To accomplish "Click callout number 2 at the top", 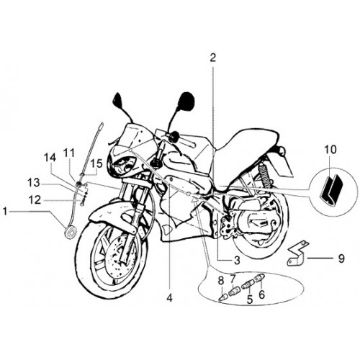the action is [212, 58].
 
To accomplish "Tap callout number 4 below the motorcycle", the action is [169, 298].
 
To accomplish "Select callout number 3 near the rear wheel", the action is [237, 260].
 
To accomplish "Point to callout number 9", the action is [341, 258].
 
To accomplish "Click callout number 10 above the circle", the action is [330, 150].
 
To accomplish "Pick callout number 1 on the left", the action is [4, 212].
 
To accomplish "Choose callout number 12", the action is [35, 199].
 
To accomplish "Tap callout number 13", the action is [33, 183].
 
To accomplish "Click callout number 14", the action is [50, 158].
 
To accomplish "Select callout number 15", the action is [96, 163].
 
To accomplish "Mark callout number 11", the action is [69, 153].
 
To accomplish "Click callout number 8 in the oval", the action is [221, 280].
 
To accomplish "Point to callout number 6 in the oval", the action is [261, 294].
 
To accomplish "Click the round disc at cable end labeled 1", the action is [71, 233].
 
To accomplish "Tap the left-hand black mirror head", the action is [118, 100].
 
